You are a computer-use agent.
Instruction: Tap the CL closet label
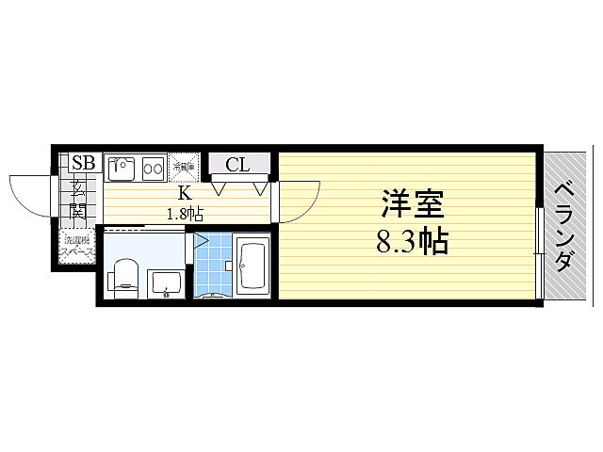coord(236,166)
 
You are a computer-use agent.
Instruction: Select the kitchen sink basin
coord(121,169)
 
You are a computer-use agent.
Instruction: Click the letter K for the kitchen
coord(186,196)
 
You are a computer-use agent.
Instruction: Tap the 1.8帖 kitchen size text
coord(185,213)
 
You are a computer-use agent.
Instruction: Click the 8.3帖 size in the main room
coord(412,242)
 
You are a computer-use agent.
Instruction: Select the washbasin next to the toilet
coord(166,280)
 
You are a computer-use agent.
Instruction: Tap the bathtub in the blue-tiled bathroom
coord(253,266)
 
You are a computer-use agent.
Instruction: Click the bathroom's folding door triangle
coord(201,239)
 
